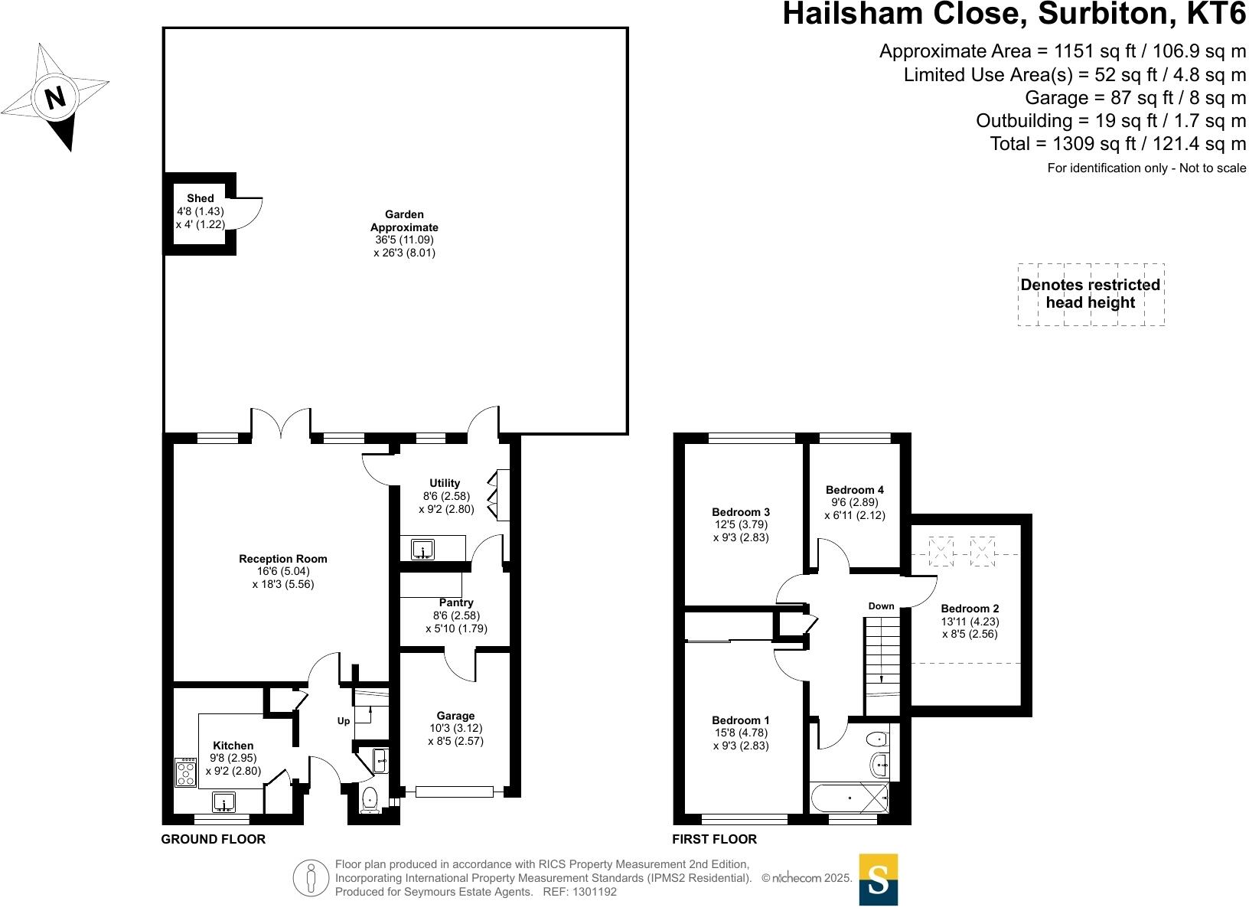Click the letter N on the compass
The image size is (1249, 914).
click(x=55, y=98)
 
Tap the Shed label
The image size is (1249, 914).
click(x=201, y=199)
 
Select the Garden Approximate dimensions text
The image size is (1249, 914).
click(x=404, y=246)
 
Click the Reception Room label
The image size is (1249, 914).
click(x=282, y=559)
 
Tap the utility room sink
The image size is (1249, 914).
click(x=422, y=549)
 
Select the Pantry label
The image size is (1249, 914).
click(x=456, y=603)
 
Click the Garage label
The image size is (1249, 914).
click(x=455, y=716)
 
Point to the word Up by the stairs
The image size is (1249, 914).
click(x=344, y=721)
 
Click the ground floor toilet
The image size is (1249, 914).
click(x=370, y=799)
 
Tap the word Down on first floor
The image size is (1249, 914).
click(x=881, y=606)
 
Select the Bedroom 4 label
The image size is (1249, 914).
click(x=855, y=490)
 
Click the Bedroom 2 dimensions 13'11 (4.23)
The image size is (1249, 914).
click(x=970, y=622)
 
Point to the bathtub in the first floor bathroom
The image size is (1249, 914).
click(x=850, y=798)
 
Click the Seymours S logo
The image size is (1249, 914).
click(x=879, y=880)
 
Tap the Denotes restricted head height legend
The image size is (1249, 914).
click(x=1091, y=294)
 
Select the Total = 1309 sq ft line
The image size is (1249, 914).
click(x=1117, y=144)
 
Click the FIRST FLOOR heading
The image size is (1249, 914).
click(x=714, y=839)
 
